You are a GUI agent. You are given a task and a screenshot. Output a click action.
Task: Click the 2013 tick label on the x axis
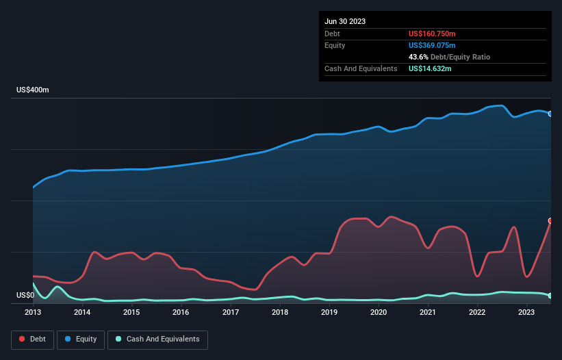pos(33,313)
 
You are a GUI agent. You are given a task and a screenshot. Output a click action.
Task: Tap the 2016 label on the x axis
pos(181,313)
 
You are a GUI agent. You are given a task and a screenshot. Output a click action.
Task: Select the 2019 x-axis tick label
pos(329,313)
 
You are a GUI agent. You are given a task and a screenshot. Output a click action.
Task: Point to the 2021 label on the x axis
pos(428,313)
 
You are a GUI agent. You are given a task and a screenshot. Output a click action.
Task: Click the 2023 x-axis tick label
pos(526,313)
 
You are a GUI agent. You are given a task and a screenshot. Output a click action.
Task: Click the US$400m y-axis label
pos(33,90)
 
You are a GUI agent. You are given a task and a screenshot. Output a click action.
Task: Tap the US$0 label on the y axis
pos(25,296)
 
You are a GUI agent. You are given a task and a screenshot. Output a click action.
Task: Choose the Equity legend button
pos(81,339)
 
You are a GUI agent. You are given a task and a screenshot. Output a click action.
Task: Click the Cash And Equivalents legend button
pos(157,339)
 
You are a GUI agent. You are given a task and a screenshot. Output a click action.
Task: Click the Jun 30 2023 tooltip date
pos(345,21)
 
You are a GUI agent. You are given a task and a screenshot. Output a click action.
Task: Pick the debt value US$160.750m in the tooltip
pos(433,34)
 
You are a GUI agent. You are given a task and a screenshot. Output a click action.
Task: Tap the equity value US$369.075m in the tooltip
pos(432,45)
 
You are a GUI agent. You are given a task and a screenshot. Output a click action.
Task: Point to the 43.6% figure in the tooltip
pos(419,57)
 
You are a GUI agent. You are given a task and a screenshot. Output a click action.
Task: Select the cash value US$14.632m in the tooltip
pos(430,68)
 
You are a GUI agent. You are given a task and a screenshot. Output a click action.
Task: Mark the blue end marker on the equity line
pos(550,114)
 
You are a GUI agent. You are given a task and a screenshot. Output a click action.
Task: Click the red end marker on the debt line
pos(550,221)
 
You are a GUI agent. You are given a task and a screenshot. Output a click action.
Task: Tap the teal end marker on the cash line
pos(550,296)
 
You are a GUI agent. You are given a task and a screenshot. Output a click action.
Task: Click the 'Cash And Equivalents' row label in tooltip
pos(361,68)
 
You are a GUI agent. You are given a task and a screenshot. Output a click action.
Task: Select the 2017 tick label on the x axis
pos(231,313)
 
